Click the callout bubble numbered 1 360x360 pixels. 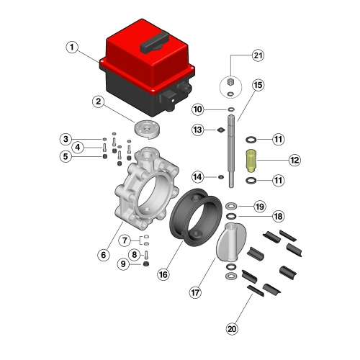(x=72, y=48)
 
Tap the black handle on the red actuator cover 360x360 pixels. (x=155, y=42)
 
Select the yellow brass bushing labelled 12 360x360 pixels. (x=251, y=161)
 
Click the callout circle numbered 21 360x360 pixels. (x=258, y=55)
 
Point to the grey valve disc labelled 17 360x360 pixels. (x=231, y=243)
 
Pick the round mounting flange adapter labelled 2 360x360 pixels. (x=147, y=129)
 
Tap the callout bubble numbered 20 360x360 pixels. (x=232, y=328)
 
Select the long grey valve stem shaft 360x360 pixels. (x=231, y=151)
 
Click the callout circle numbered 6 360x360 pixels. (x=104, y=255)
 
